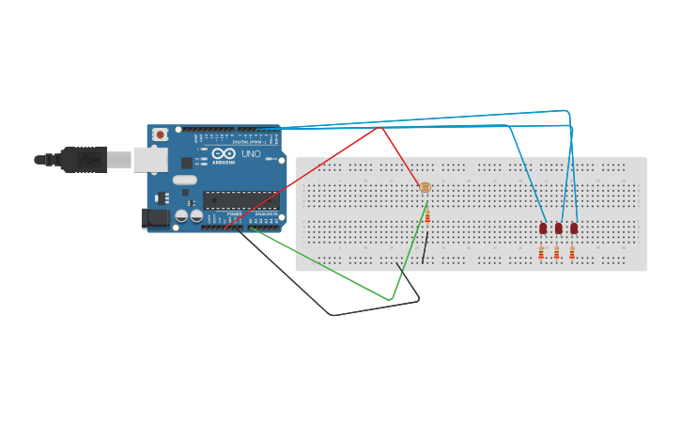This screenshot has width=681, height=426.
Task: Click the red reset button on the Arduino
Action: [x=161, y=134]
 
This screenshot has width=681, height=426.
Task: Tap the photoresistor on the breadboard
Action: [x=425, y=188]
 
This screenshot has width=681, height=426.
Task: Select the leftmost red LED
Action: [x=543, y=228]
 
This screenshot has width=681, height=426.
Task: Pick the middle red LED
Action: [x=558, y=228]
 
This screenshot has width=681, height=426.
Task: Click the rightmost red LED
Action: [x=574, y=228]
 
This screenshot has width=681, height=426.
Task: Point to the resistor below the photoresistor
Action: [x=427, y=216]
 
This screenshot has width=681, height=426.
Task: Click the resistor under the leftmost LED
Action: [x=541, y=252]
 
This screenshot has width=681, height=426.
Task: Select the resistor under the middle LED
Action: [x=556, y=252]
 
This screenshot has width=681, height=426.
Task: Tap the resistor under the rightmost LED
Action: [x=571, y=252]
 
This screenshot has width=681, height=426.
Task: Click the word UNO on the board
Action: [x=251, y=154]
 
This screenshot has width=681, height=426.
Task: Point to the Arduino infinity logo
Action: [x=224, y=153]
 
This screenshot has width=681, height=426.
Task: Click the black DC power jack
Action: [x=155, y=218]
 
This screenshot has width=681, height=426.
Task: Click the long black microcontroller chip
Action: [x=240, y=199]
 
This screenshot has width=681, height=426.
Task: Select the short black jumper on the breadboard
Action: [x=426, y=246]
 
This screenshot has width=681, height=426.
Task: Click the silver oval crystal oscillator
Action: [x=185, y=180]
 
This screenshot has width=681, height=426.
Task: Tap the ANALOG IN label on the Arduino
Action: [x=265, y=214]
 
